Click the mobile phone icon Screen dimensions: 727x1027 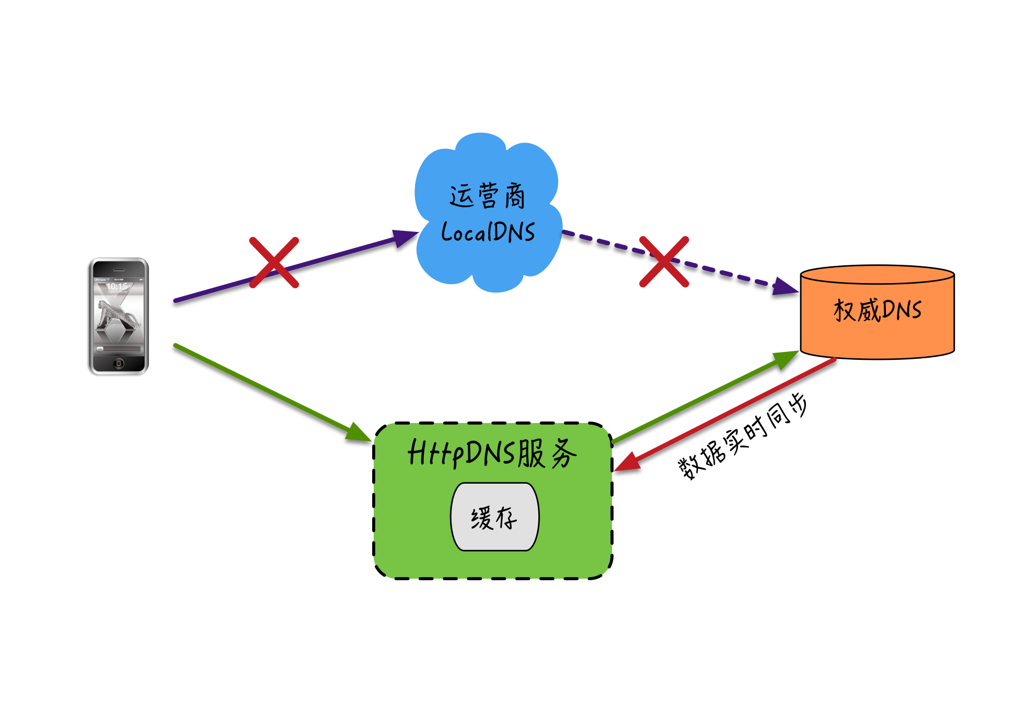(119, 316)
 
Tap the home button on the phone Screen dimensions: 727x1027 (119, 363)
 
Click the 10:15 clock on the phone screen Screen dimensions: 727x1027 (117, 287)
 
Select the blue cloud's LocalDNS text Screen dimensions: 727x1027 (488, 232)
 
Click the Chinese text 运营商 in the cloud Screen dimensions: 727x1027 (487, 196)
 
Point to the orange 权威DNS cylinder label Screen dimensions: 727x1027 (878, 310)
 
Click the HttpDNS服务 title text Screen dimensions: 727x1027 (492, 453)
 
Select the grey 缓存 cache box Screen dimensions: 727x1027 (494, 517)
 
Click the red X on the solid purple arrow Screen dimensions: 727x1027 (274, 263)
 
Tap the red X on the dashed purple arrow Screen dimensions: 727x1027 (664, 262)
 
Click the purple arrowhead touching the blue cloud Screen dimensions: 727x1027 (405, 238)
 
